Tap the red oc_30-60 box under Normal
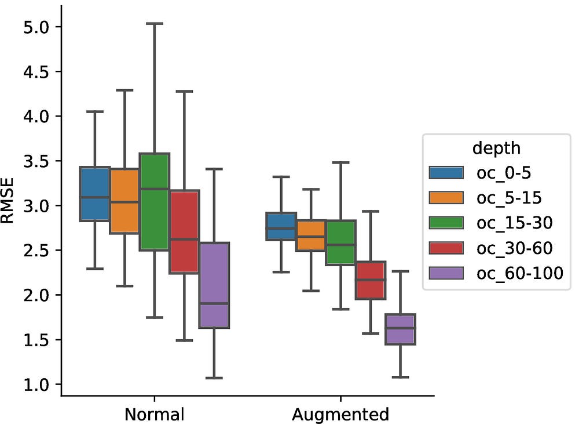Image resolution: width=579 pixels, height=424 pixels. coord(184,231)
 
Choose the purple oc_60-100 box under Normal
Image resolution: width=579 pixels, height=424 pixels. coord(214,285)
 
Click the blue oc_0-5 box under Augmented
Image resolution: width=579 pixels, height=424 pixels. coord(281,226)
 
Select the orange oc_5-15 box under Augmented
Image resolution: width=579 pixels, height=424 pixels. coord(311,235)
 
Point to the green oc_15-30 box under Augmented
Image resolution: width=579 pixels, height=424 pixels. coord(340,242)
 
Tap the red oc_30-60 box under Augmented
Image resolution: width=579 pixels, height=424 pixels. coord(371,280)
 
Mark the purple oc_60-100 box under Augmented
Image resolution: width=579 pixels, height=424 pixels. coord(401,329)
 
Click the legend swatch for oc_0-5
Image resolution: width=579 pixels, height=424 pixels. coord(446,172)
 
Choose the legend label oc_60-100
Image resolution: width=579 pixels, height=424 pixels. coord(519,273)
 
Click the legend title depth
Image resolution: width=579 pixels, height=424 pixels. coord(496,148)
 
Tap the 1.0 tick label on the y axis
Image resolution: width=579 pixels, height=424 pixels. coord(39,384)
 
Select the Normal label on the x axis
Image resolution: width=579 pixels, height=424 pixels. coord(154,414)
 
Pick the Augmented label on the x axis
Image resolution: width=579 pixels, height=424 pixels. coord(340,414)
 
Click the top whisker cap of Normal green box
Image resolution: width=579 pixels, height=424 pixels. coord(154,24)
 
